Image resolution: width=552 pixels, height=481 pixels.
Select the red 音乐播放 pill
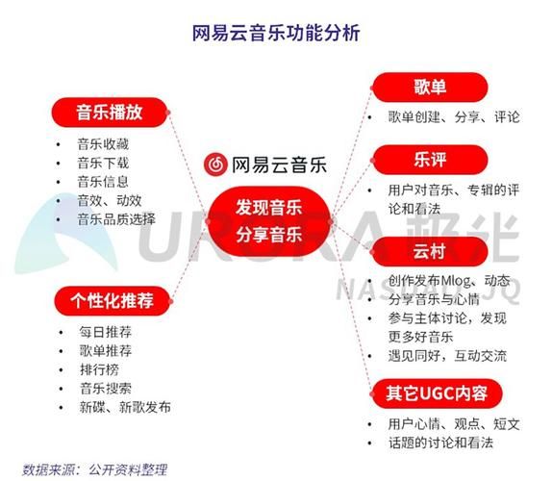click(x=110, y=112)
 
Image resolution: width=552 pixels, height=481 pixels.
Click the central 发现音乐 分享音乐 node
click(x=269, y=219)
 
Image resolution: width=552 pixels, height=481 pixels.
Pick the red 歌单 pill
click(x=429, y=89)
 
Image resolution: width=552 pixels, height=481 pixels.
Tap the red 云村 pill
click(x=429, y=252)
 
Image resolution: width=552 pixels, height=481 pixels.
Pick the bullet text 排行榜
click(x=99, y=369)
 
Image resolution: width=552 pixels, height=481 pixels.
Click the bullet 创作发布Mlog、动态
click(x=450, y=281)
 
